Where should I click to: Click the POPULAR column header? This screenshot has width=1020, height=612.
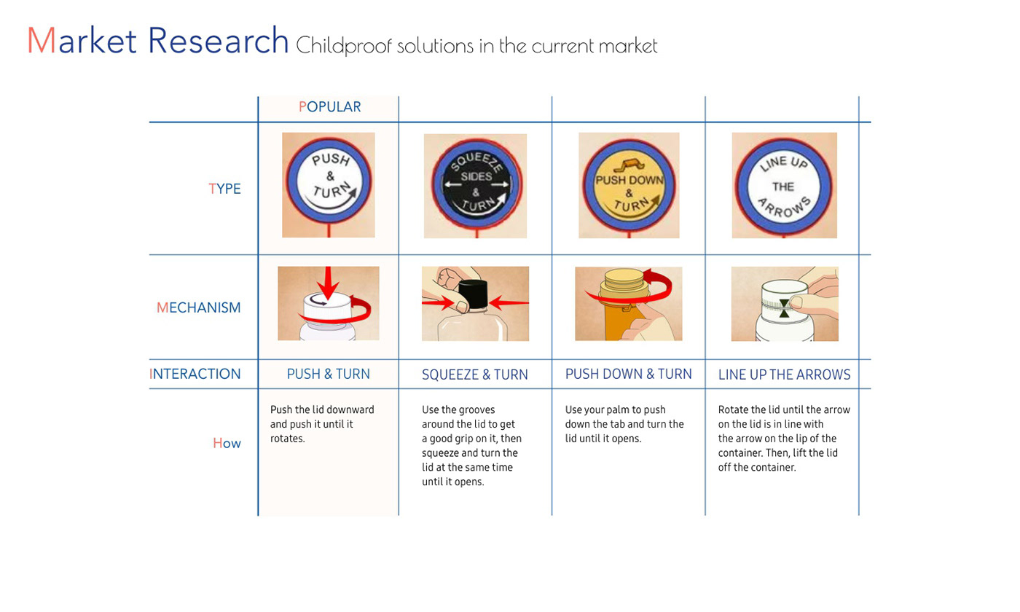pos(329,106)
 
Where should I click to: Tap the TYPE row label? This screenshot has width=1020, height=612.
pos(224,189)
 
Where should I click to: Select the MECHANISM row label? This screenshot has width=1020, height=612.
pos(198,307)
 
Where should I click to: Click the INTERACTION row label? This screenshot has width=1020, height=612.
pos(195,374)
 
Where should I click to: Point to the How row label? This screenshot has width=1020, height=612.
pos(227,443)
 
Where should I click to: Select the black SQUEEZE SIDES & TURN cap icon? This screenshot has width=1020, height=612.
pos(476,184)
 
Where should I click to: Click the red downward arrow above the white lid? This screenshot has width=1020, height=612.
pos(329,283)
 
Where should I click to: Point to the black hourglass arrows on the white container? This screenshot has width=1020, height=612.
pos(784,308)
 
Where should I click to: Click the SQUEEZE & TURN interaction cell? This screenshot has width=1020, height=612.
pos(475,374)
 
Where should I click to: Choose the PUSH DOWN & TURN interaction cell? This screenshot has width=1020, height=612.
pos(628,374)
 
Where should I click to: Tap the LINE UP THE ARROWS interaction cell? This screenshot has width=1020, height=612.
pos(784,374)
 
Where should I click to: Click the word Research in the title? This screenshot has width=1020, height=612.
pos(218,41)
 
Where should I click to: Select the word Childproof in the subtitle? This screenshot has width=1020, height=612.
pos(344,46)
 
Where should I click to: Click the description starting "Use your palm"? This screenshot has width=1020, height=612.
pos(624,424)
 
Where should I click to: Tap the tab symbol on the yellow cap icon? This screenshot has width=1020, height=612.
pos(628,165)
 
